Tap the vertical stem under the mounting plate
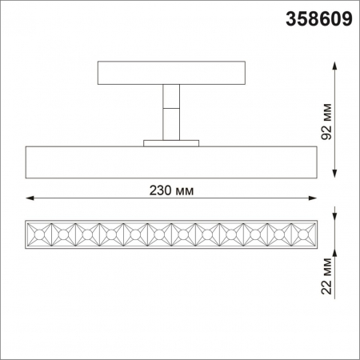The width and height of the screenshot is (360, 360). click(x=170, y=112)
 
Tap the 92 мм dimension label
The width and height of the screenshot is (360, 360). click(x=327, y=120)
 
